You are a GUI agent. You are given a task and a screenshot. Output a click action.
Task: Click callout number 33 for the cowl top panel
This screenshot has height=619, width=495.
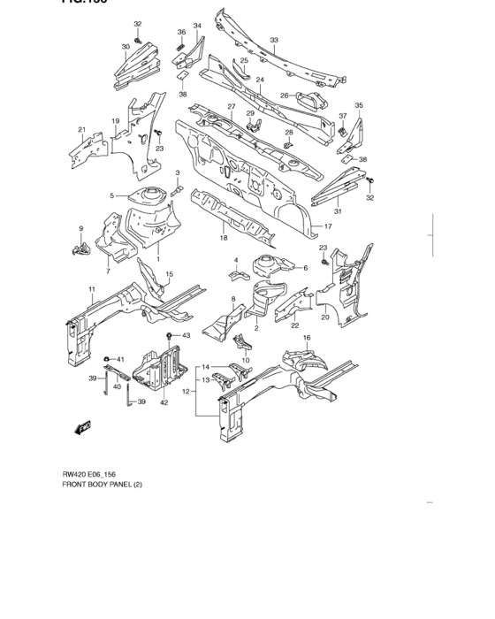[274, 41]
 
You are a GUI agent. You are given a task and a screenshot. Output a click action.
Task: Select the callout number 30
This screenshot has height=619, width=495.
[126, 46]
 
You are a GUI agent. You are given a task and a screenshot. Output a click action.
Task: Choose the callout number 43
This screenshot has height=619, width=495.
[187, 336]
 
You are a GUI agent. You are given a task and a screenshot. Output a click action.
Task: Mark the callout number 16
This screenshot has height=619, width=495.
[307, 339]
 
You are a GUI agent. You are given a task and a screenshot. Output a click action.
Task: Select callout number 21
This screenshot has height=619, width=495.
[82, 130]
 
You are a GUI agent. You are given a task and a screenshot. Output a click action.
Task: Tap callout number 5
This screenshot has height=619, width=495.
[112, 195]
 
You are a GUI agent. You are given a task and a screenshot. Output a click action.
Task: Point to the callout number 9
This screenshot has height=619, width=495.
[80, 229]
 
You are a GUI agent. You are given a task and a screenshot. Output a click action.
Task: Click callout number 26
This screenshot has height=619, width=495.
[286, 96]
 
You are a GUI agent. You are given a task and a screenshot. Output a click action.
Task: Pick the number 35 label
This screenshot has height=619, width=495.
[359, 105]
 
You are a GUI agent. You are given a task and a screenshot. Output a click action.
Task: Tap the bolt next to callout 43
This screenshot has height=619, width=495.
[169, 336]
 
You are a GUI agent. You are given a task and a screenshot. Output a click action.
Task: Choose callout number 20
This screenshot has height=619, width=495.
[324, 317]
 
